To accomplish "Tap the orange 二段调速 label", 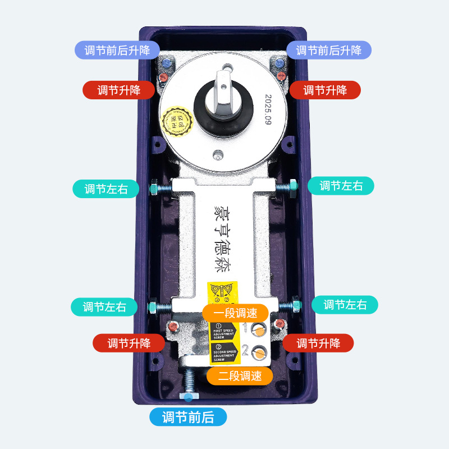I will click(240, 375).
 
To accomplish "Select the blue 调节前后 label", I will click(188, 417).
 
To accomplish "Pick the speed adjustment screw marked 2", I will click(259, 352).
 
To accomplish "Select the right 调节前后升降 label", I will click(329, 50).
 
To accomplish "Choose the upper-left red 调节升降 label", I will click(118, 90).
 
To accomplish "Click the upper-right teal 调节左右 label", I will click(341, 185).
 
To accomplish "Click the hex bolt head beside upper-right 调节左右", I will click(294, 185).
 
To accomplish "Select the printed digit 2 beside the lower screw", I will click(245, 351).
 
